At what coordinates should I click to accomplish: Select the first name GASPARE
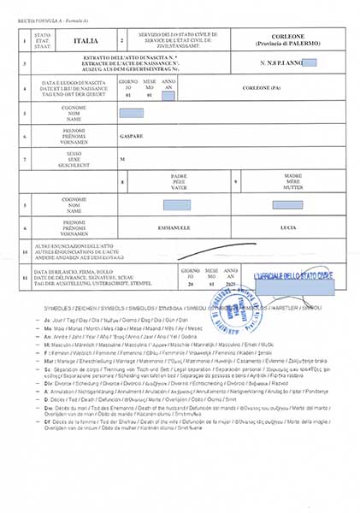tap(128, 135)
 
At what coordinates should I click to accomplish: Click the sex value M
tap(121, 159)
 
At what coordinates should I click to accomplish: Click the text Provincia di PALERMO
tap(288, 44)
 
